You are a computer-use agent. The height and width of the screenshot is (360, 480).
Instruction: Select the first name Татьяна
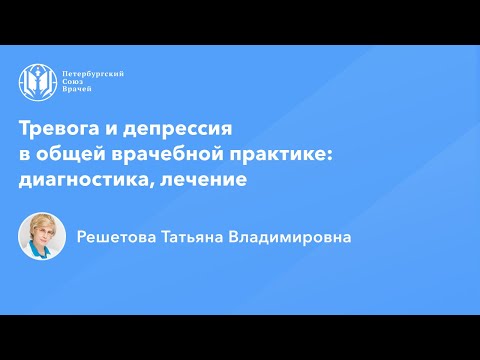(x=205, y=238)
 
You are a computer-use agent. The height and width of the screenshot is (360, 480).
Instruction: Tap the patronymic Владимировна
(x=301, y=238)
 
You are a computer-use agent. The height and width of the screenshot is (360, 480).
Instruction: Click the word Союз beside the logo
(x=74, y=84)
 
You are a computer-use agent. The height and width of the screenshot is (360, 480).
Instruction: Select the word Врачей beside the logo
(x=78, y=93)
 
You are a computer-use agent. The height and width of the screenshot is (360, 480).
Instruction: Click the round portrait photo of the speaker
(x=41, y=237)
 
